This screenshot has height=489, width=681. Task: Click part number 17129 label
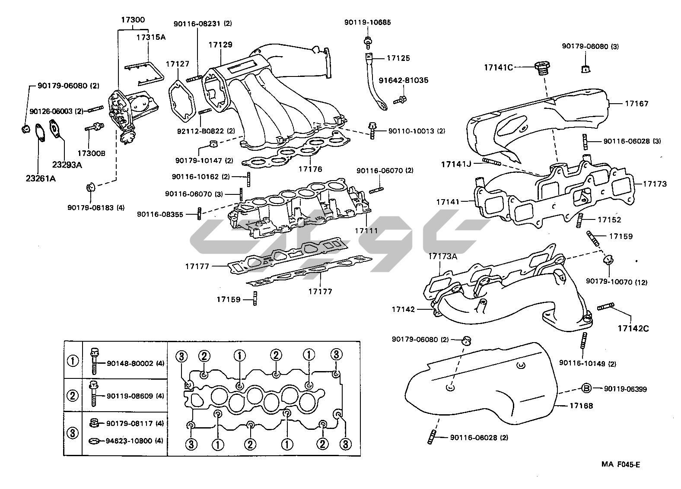[220, 44]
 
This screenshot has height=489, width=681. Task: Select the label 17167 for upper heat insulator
[636, 104]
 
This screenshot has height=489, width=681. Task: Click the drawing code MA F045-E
[620, 465]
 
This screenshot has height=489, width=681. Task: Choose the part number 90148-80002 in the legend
[130, 364]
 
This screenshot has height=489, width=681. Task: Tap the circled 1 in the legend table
[73, 360]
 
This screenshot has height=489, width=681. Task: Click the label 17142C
[633, 328]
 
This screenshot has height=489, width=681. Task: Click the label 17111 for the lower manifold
[366, 230]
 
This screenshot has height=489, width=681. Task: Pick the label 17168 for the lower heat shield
[581, 406]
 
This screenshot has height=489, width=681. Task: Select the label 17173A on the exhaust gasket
[442, 257]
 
